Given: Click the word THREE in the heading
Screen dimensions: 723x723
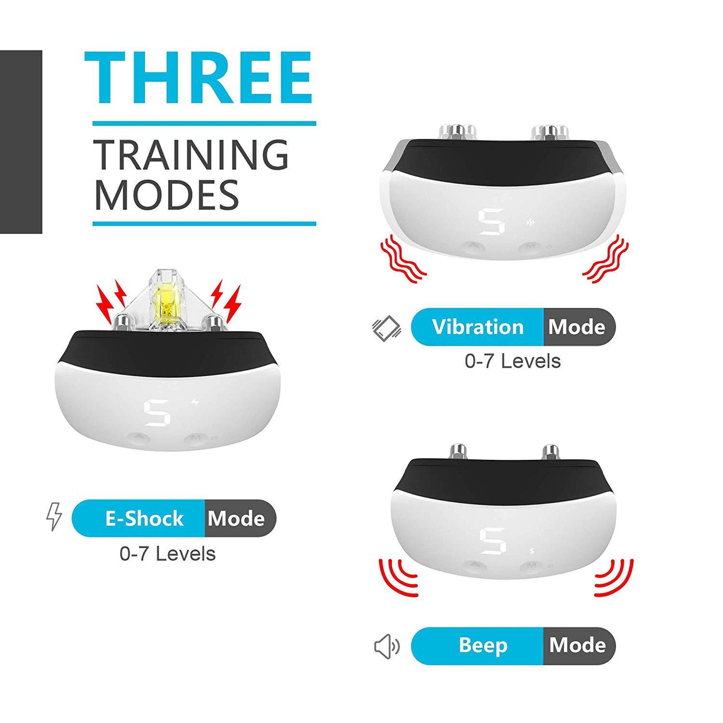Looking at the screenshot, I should click(199, 79).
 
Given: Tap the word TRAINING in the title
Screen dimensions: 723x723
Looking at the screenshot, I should click(191, 155).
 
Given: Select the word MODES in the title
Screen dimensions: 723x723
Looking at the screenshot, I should click(167, 195).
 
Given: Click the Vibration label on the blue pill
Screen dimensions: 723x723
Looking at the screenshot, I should click(477, 327).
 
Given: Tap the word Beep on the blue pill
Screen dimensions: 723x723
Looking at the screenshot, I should click(483, 645).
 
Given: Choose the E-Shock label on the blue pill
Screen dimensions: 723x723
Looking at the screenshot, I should click(144, 519).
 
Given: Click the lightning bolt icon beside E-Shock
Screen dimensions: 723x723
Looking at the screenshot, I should click(54, 516).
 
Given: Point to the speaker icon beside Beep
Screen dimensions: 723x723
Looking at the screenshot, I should click(386, 646).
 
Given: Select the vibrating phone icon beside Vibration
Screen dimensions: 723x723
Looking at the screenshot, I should click(386, 329).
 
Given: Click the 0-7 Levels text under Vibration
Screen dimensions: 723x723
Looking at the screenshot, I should click(512, 361).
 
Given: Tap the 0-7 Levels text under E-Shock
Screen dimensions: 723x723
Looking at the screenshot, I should click(168, 554).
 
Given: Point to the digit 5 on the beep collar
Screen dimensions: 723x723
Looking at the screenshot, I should click(492, 541).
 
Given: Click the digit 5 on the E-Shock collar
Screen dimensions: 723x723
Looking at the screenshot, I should click(157, 413).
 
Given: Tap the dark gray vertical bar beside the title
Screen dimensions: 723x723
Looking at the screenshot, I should click(21, 142).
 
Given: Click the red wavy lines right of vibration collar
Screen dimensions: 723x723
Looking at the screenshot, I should click(606, 259).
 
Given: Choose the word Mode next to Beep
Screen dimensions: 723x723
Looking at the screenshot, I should click(577, 645).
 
